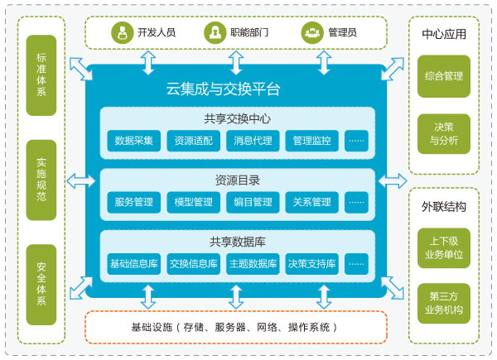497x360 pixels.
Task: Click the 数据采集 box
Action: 133,141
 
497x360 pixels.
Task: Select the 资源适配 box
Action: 192,141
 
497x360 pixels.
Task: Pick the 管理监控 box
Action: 311,141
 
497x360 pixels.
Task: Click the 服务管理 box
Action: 133,202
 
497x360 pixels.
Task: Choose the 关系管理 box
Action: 311,202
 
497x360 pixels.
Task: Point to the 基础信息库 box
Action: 133,265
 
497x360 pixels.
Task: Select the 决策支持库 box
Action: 311,265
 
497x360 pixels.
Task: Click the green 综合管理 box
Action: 443,76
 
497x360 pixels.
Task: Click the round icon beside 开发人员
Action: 123,32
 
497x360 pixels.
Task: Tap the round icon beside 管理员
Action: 312,32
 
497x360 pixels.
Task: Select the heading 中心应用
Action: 443,35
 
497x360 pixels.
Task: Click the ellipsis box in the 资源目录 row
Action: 356,202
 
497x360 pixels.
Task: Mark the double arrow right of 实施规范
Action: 80,179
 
